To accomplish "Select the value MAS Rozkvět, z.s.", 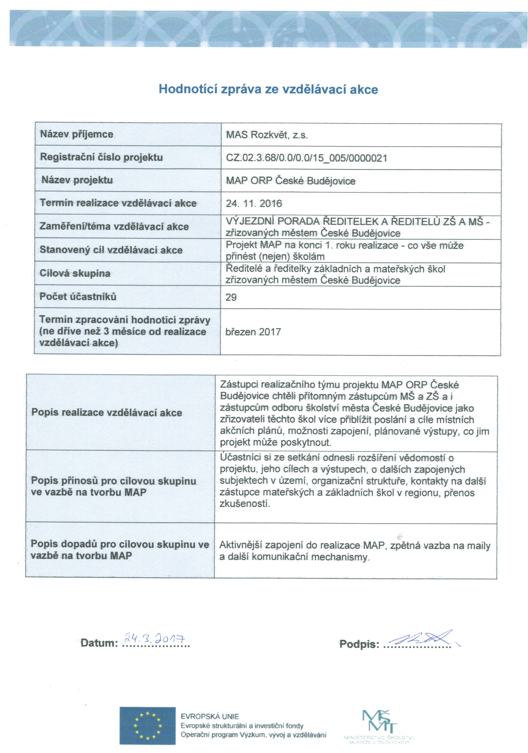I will coord(267,135).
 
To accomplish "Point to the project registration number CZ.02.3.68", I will coord(306,158).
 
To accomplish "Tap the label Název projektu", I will coord(77,180).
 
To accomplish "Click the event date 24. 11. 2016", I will coord(254,204).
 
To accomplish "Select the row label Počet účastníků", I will coord(78,296).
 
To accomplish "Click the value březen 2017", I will coord(253,332).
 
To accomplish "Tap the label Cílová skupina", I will coord(75,273).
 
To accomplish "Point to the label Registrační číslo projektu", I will coord(101,157).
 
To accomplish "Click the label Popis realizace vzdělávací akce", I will coord(107,413).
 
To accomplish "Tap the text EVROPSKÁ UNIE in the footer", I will coord(210,717).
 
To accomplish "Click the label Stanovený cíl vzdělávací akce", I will coord(111,250).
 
